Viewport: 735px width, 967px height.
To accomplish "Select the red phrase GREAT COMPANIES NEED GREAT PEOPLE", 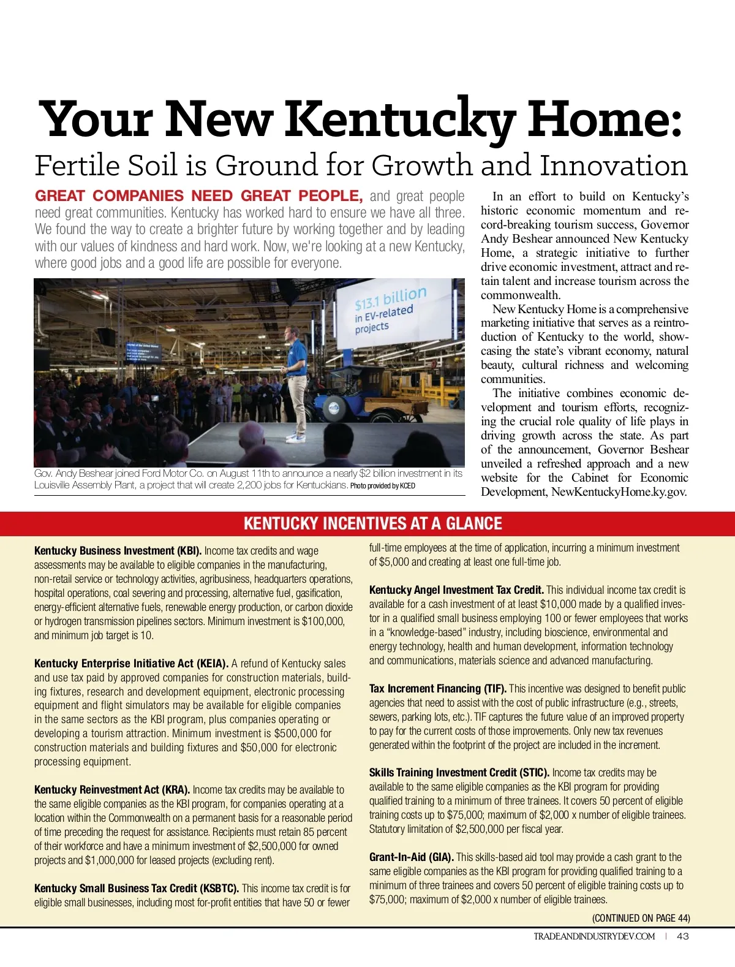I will (x=198, y=196).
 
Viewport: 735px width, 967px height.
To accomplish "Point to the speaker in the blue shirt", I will (x=296, y=380).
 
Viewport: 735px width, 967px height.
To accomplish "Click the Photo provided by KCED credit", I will (x=382, y=486).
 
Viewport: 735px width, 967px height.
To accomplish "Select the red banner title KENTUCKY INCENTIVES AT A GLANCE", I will (x=372, y=523).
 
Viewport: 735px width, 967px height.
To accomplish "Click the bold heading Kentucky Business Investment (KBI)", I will (x=118, y=551).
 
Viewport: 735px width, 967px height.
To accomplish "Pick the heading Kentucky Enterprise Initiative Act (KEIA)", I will (x=131, y=664).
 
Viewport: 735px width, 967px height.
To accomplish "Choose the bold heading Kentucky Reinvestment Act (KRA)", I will (x=112, y=790).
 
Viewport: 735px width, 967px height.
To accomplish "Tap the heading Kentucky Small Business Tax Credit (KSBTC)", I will (x=137, y=889).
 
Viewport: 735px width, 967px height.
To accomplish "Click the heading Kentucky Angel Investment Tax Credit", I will (x=456, y=590).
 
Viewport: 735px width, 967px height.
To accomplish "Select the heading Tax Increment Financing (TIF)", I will (x=437, y=689).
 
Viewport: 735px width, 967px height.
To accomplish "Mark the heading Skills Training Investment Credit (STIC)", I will (x=459, y=773).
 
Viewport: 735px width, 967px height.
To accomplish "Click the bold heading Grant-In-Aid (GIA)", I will (x=411, y=857).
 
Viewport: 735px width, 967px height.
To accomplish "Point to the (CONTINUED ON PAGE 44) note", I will (x=641, y=918).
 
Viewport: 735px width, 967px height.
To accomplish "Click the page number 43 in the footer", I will (x=682, y=936).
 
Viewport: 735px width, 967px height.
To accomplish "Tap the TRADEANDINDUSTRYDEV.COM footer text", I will (x=594, y=936).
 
